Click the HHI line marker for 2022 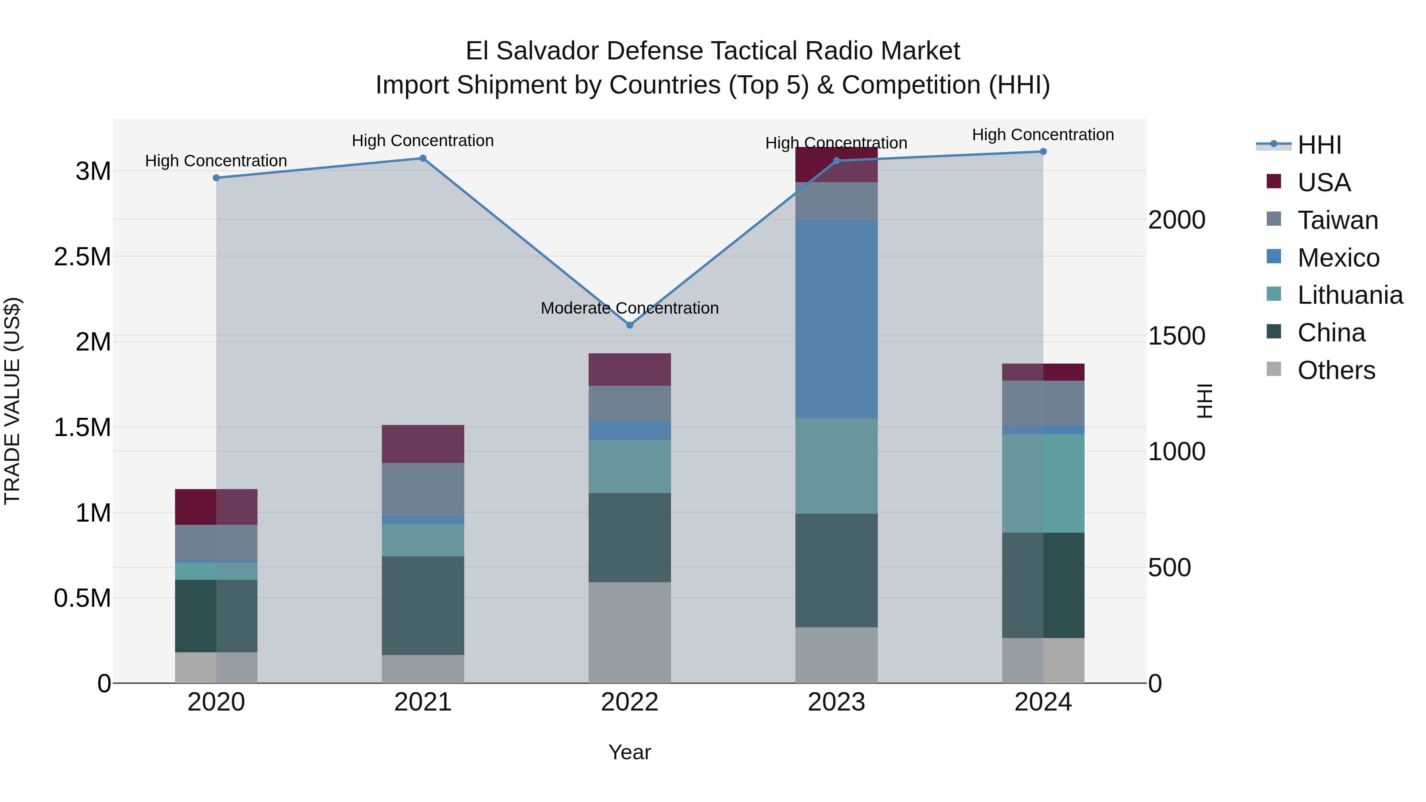[x=629, y=325]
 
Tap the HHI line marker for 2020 [x=216, y=178]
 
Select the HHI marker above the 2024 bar [x=1043, y=152]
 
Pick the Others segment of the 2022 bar [x=629, y=632]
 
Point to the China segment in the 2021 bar [x=423, y=606]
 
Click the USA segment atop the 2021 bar [x=423, y=444]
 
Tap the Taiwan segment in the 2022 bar [x=629, y=403]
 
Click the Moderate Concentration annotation [x=629, y=308]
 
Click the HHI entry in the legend [x=1319, y=145]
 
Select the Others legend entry [x=1336, y=370]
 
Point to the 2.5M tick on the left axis [x=82, y=257]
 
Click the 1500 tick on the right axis [x=1176, y=336]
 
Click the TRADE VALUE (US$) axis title [x=13, y=401]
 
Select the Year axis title [x=629, y=752]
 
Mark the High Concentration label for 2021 [x=423, y=141]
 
